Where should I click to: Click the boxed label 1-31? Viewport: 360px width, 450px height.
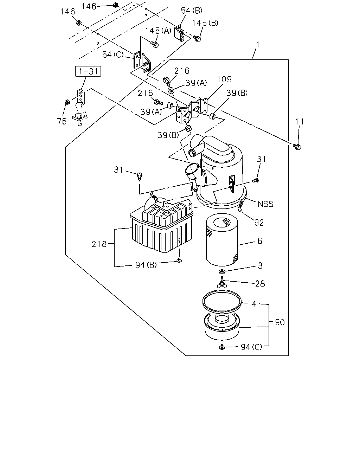point(88,71)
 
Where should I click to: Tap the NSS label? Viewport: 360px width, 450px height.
point(265,204)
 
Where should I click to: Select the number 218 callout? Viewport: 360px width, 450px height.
point(99,244)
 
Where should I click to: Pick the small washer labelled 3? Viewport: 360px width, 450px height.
point(222,272)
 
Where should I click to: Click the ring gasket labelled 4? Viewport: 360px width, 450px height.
point(222,302)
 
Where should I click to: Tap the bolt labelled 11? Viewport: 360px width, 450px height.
point(297,146)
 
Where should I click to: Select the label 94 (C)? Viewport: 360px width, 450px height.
point(251,347)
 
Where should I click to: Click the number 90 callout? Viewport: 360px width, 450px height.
point(280,322)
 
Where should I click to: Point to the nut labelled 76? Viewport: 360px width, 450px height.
point(67,102)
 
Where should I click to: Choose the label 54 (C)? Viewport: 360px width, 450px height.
point(113,54)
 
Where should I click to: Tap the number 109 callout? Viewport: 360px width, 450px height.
point(224,79)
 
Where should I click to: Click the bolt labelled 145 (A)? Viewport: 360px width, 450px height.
point(155,44)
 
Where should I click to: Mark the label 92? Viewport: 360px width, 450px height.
point(259,223)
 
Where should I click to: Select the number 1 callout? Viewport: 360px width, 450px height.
point(258,45)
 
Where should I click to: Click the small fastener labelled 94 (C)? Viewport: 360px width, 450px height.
point(222,347)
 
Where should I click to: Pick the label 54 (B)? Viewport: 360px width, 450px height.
point(192,11)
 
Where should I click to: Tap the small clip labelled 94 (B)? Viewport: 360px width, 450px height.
point(179,261)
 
